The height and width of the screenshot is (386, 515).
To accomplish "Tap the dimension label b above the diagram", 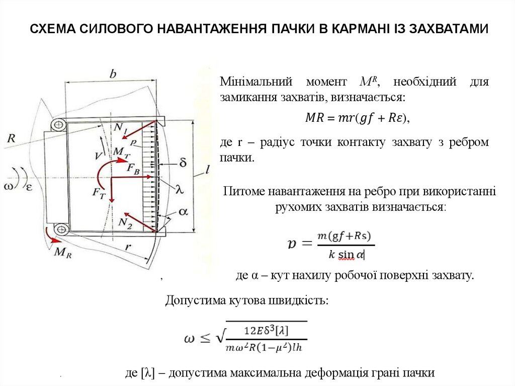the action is [113, 74].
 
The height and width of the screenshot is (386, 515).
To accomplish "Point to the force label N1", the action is [120, 128].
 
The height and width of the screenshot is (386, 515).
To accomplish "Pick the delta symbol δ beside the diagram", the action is [183, 163].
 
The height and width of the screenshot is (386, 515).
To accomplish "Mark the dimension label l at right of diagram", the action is [207, 170].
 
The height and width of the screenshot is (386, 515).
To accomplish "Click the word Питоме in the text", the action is [244, 191].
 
